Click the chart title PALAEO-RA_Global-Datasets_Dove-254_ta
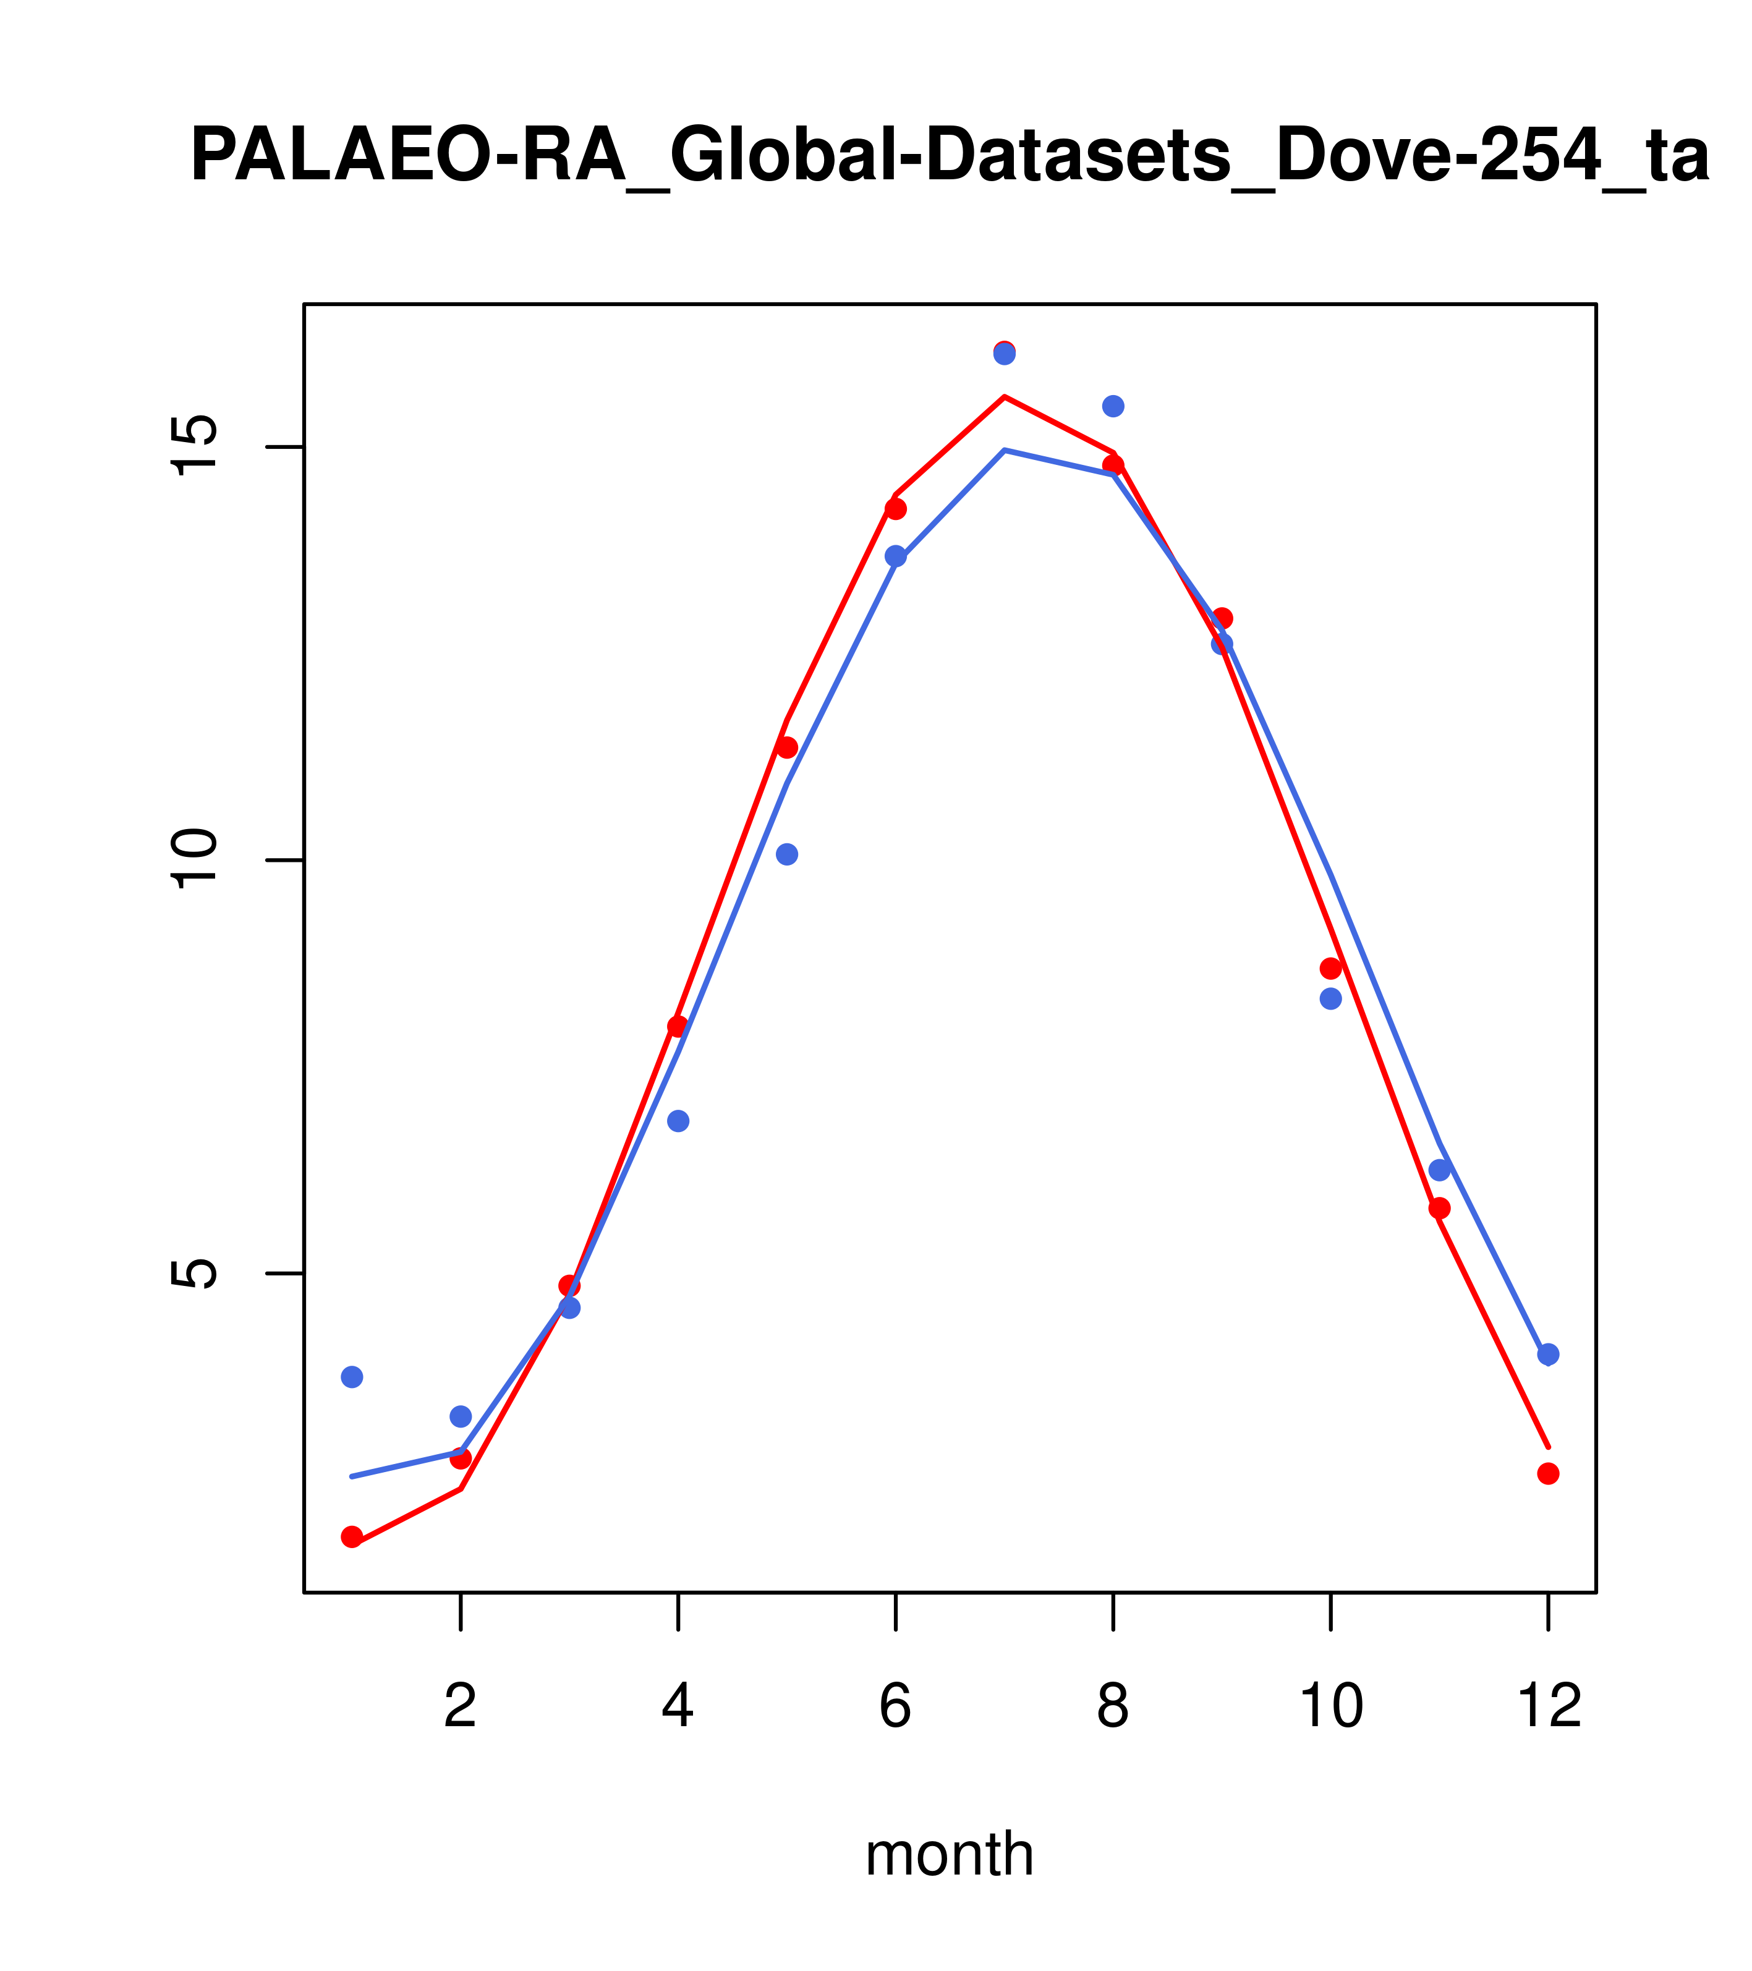click(x=949, y=157)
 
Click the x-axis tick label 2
click(x=461, y=1707)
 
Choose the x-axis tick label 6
click(x=896, y=1707)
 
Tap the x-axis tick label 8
click(x=1113, y=1707)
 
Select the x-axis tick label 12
click(x=1549, y=1707)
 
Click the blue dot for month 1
click(x=352, y=1376)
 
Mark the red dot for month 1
click(x=352, y=1536)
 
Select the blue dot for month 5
click(x=787, y=854)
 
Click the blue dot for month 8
click(x=1113, y=406)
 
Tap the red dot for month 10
click(x=1330, y=968)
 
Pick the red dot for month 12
click(x=1549, y=1473)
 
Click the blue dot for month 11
click(x=1440, y=1170)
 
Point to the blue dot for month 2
click(x=461, y=1416)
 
